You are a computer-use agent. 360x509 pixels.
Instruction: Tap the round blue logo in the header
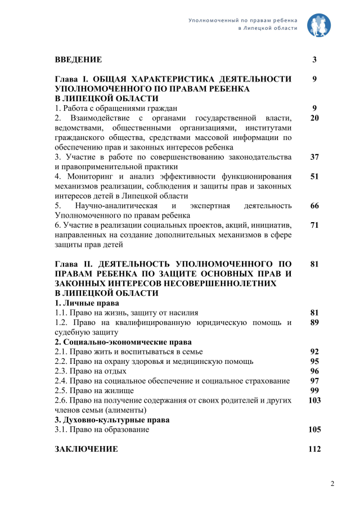[319, 24]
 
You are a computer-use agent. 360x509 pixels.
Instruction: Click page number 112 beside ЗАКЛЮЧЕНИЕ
[314, 449]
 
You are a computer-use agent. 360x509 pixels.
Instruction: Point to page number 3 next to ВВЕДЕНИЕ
[314, 59]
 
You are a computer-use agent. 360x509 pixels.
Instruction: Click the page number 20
[314, 118]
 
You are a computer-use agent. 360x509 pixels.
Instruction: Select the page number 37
[314, 156]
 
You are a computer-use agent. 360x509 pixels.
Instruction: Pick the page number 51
[314, 176]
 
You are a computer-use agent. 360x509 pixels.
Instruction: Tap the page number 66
[314, 205]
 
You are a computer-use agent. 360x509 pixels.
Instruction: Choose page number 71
[314, 225]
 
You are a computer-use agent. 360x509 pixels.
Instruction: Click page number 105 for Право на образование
[314, 429]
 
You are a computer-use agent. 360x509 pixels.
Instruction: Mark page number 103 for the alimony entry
[314, 400]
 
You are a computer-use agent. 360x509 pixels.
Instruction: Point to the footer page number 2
[332, 484]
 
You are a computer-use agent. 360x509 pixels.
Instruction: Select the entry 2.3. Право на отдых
[91, 371]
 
